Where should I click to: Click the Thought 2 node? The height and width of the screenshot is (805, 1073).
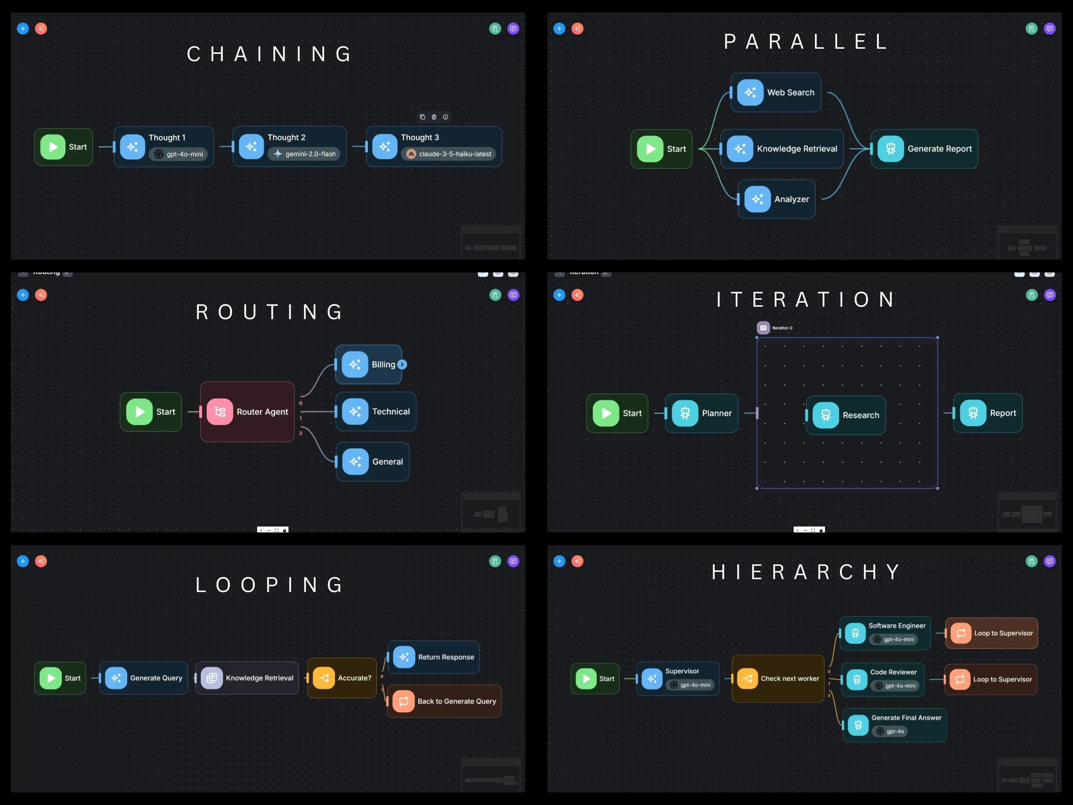(x=289, y=146)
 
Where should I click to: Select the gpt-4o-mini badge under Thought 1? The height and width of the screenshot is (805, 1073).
(x=179, y=154)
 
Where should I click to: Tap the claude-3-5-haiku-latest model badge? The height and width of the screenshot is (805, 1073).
(x=449, y=154)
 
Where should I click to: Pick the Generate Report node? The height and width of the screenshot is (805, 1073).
(x=924, y=149)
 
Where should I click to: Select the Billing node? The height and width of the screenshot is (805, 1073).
(x=368, y=364)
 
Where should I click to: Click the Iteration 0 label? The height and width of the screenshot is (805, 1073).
(x=782, y=328)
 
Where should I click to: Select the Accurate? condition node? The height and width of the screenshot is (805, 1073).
(x=342, y=678)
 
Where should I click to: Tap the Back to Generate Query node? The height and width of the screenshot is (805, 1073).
(x=444, y=701)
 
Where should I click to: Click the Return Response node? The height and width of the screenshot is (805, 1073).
(x=433, y=657)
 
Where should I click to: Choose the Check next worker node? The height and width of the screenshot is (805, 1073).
(x=778, y=678)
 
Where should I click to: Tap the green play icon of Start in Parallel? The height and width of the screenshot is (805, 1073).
(x=650, y=149)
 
